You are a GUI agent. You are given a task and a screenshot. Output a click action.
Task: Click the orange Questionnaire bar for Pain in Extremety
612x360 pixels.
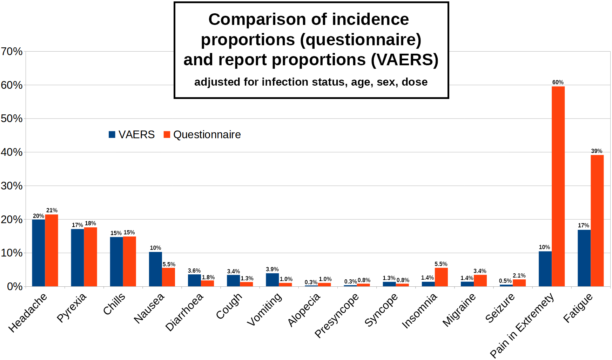click(x=558, y=186)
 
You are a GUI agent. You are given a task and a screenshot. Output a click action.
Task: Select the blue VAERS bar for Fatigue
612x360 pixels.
click(x=584, y=258)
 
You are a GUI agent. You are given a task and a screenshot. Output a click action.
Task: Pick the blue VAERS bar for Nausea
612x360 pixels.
click(x=155, y=269)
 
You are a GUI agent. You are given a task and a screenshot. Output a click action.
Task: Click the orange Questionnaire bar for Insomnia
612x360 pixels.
click(x=441, y=277)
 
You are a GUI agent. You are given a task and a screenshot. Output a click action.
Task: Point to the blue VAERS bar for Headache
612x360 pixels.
click(x=39, y=253)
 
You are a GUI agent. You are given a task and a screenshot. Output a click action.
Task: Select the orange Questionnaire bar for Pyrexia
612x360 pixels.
click(x=90, y=257)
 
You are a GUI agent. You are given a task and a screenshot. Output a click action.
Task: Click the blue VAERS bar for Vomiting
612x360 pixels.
click(x=272, y=280)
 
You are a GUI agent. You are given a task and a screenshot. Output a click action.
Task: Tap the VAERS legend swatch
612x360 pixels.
click(x=112, y=135)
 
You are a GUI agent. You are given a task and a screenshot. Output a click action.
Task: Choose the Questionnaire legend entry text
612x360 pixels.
click(x=207, y=135)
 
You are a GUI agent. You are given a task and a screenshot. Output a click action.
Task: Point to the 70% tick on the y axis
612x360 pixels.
click(x=12, y=52)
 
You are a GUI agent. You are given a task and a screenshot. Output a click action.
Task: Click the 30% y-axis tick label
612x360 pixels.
click(x=12, y=186)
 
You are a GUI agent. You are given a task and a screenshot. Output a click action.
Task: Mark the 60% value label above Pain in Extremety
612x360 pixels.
click(x=558, y=82)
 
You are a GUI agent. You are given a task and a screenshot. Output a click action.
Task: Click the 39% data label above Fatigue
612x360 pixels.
click(x=597, y=151)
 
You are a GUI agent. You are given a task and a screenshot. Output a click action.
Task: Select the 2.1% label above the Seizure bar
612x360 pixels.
click(x=519, y=276)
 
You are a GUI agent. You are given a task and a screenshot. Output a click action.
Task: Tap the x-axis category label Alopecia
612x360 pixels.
click(x=304, y=310)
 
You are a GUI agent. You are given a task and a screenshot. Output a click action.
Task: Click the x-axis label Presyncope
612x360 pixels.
click(x=337, y=315)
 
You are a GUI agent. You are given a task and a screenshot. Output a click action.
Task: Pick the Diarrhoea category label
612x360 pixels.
click(x=184, y=312)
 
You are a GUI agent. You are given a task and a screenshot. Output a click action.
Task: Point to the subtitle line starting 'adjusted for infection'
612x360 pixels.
click(x=311, y=82)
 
